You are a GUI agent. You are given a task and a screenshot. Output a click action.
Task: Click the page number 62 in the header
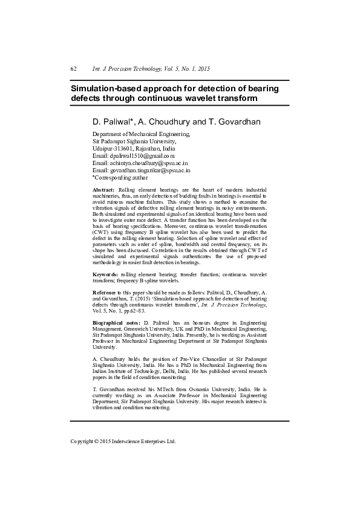[73, 70]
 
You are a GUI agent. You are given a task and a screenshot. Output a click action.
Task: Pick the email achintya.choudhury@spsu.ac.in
[149, 163]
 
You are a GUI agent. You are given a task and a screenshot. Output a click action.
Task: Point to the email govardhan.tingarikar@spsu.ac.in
[151, 170]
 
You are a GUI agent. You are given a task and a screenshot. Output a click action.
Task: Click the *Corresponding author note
[120, 178]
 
